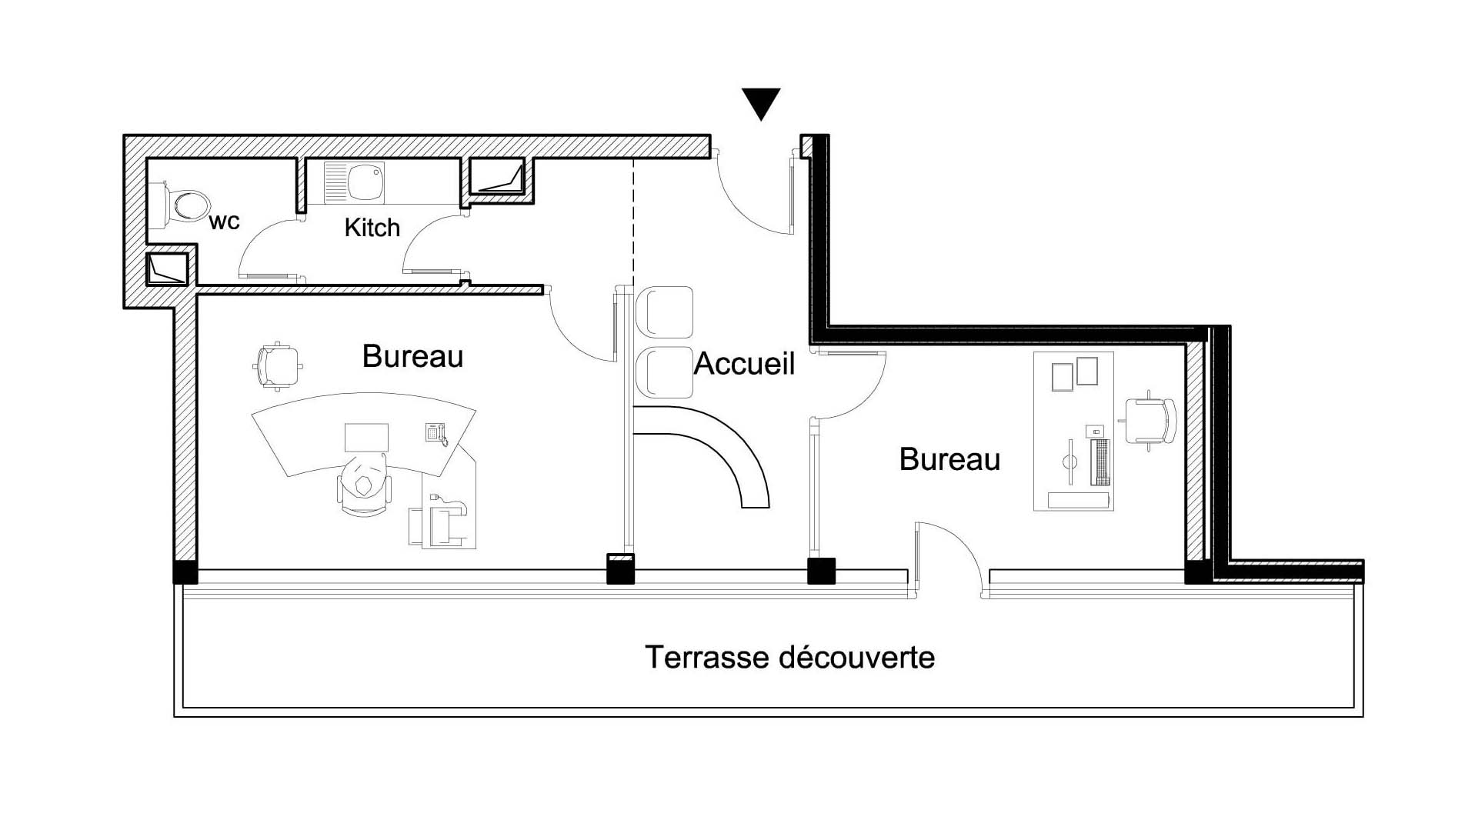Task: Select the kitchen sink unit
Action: tap(353, 182)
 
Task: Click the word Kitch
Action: tap(372, 228)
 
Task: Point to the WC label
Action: tap(224, 222)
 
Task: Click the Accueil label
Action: tap(744, 364)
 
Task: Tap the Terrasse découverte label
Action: tap(789, 658)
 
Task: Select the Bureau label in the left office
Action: tap(412, 357)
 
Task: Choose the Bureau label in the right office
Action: tap(949, 460)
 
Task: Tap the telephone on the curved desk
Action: tap(436, 433)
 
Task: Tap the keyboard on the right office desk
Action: tap(1100, 462)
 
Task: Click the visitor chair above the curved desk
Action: tap(277, 366)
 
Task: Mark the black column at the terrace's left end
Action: tap(185, 573)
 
